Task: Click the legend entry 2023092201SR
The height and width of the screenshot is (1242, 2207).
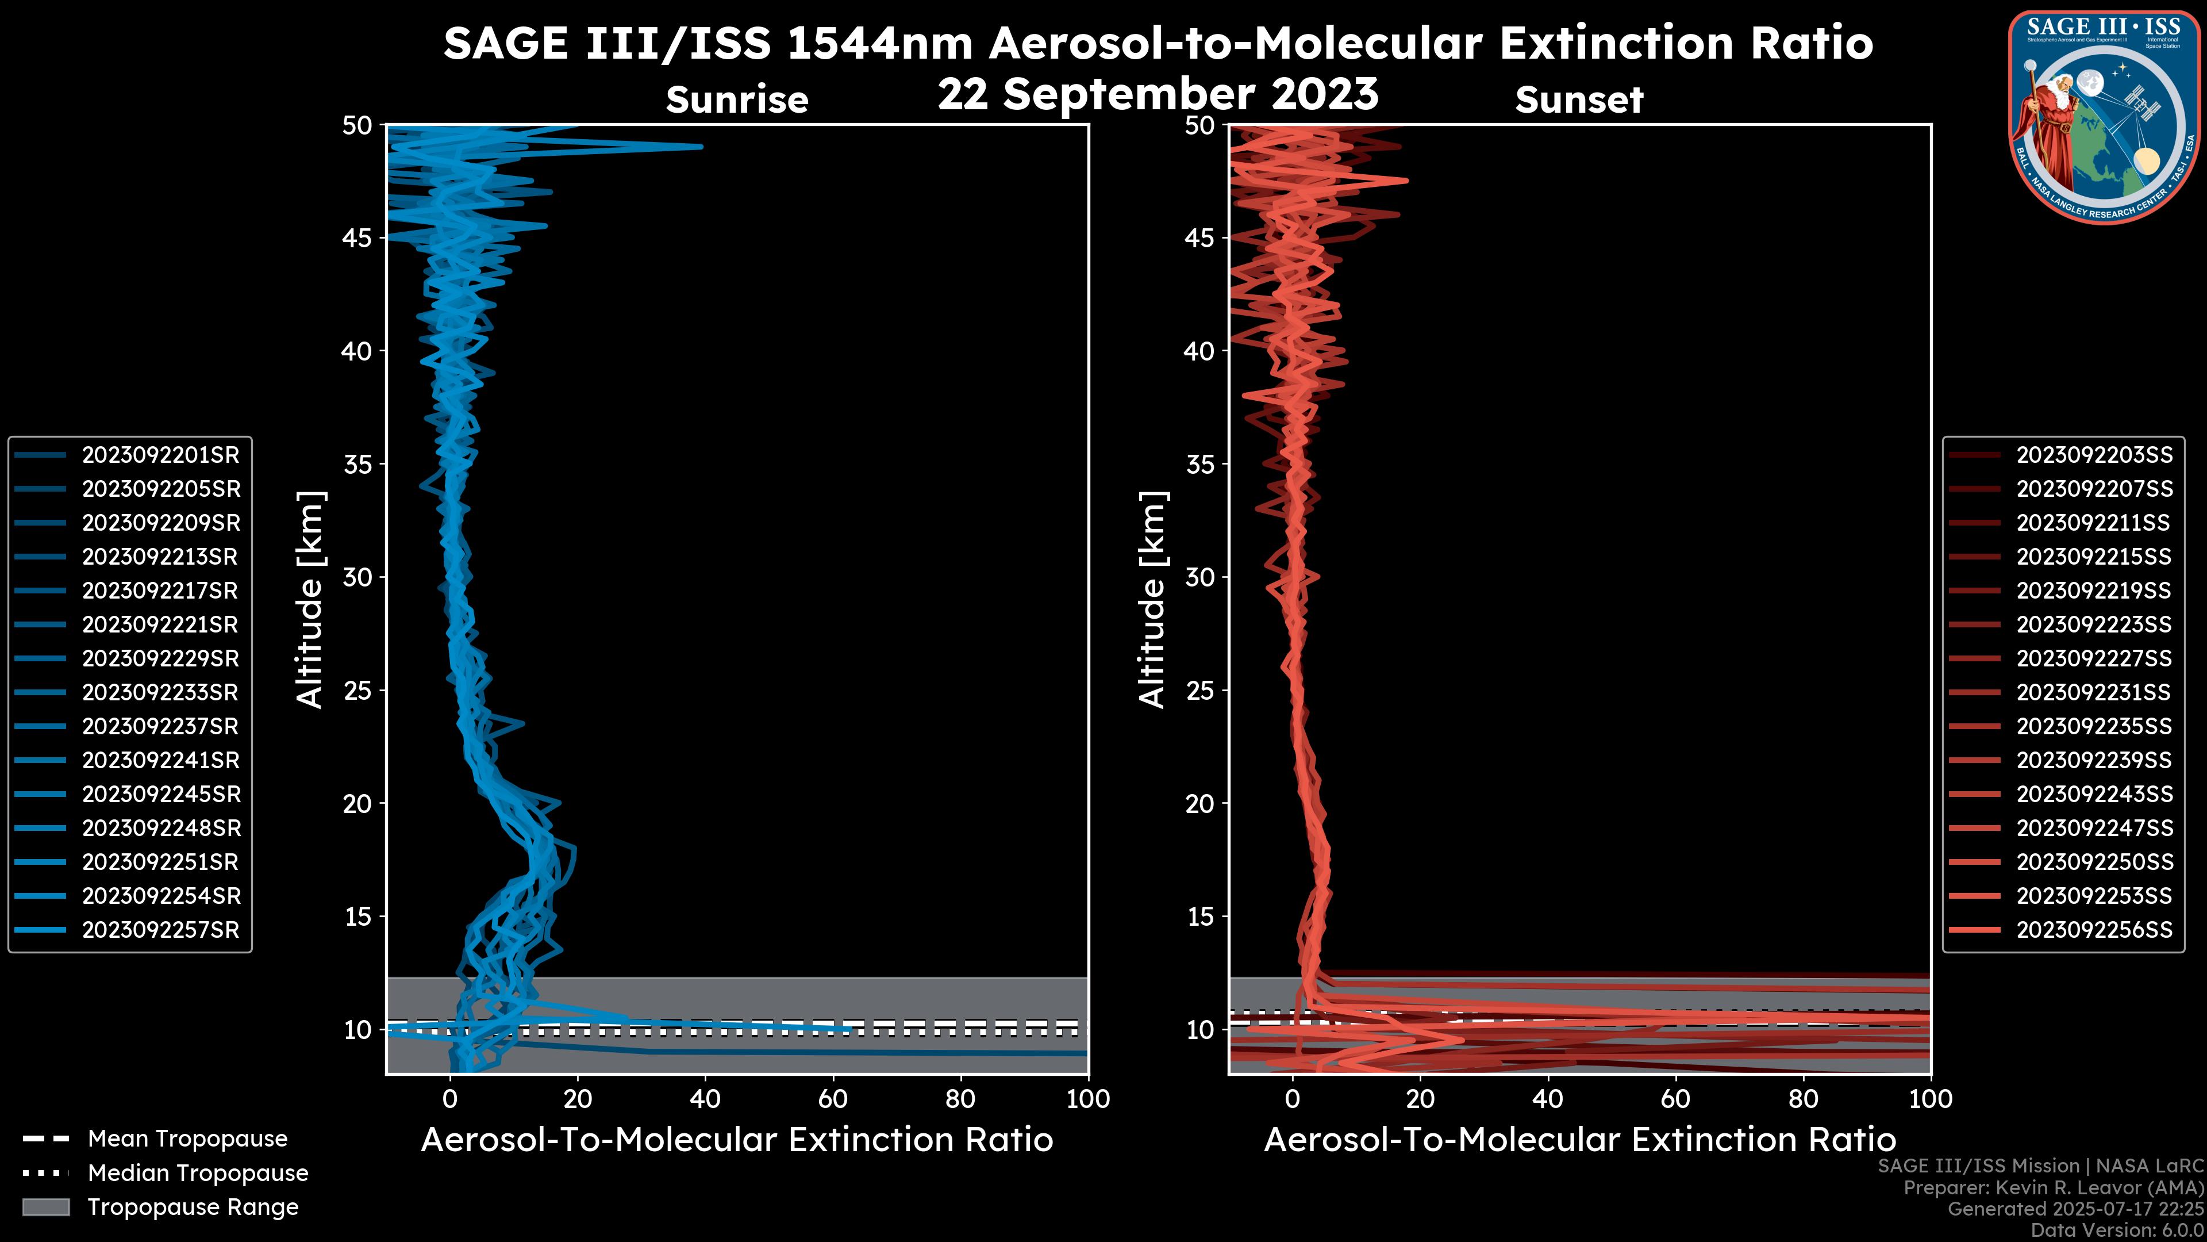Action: click(160, 455)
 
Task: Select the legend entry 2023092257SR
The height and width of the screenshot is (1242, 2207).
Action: click(160, 930)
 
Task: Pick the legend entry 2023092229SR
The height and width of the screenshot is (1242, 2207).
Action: click(160, 658)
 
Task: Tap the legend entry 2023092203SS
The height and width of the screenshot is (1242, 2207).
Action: click(2094, 455)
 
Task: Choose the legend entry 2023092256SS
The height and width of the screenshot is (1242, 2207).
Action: click(2094, 930)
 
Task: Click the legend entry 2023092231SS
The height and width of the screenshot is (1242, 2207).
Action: click(2093, 692)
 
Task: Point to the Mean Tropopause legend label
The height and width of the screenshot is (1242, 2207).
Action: click(187, 1138)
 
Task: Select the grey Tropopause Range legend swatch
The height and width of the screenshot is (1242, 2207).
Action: click(45, 1207)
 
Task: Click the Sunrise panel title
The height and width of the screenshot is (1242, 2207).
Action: click(737, 99)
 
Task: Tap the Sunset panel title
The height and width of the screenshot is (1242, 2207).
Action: click(1579, 99)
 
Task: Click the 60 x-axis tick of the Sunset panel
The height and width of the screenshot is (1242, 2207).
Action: click(1675, 1098)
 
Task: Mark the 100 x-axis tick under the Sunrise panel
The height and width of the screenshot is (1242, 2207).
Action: click(1087, 1098)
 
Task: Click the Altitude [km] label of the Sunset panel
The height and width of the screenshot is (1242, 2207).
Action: click(1152, 600)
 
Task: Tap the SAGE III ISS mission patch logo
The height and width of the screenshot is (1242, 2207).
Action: click(2102, 117)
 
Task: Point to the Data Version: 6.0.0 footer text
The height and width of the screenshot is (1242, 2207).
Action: click(2118, 1230)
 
